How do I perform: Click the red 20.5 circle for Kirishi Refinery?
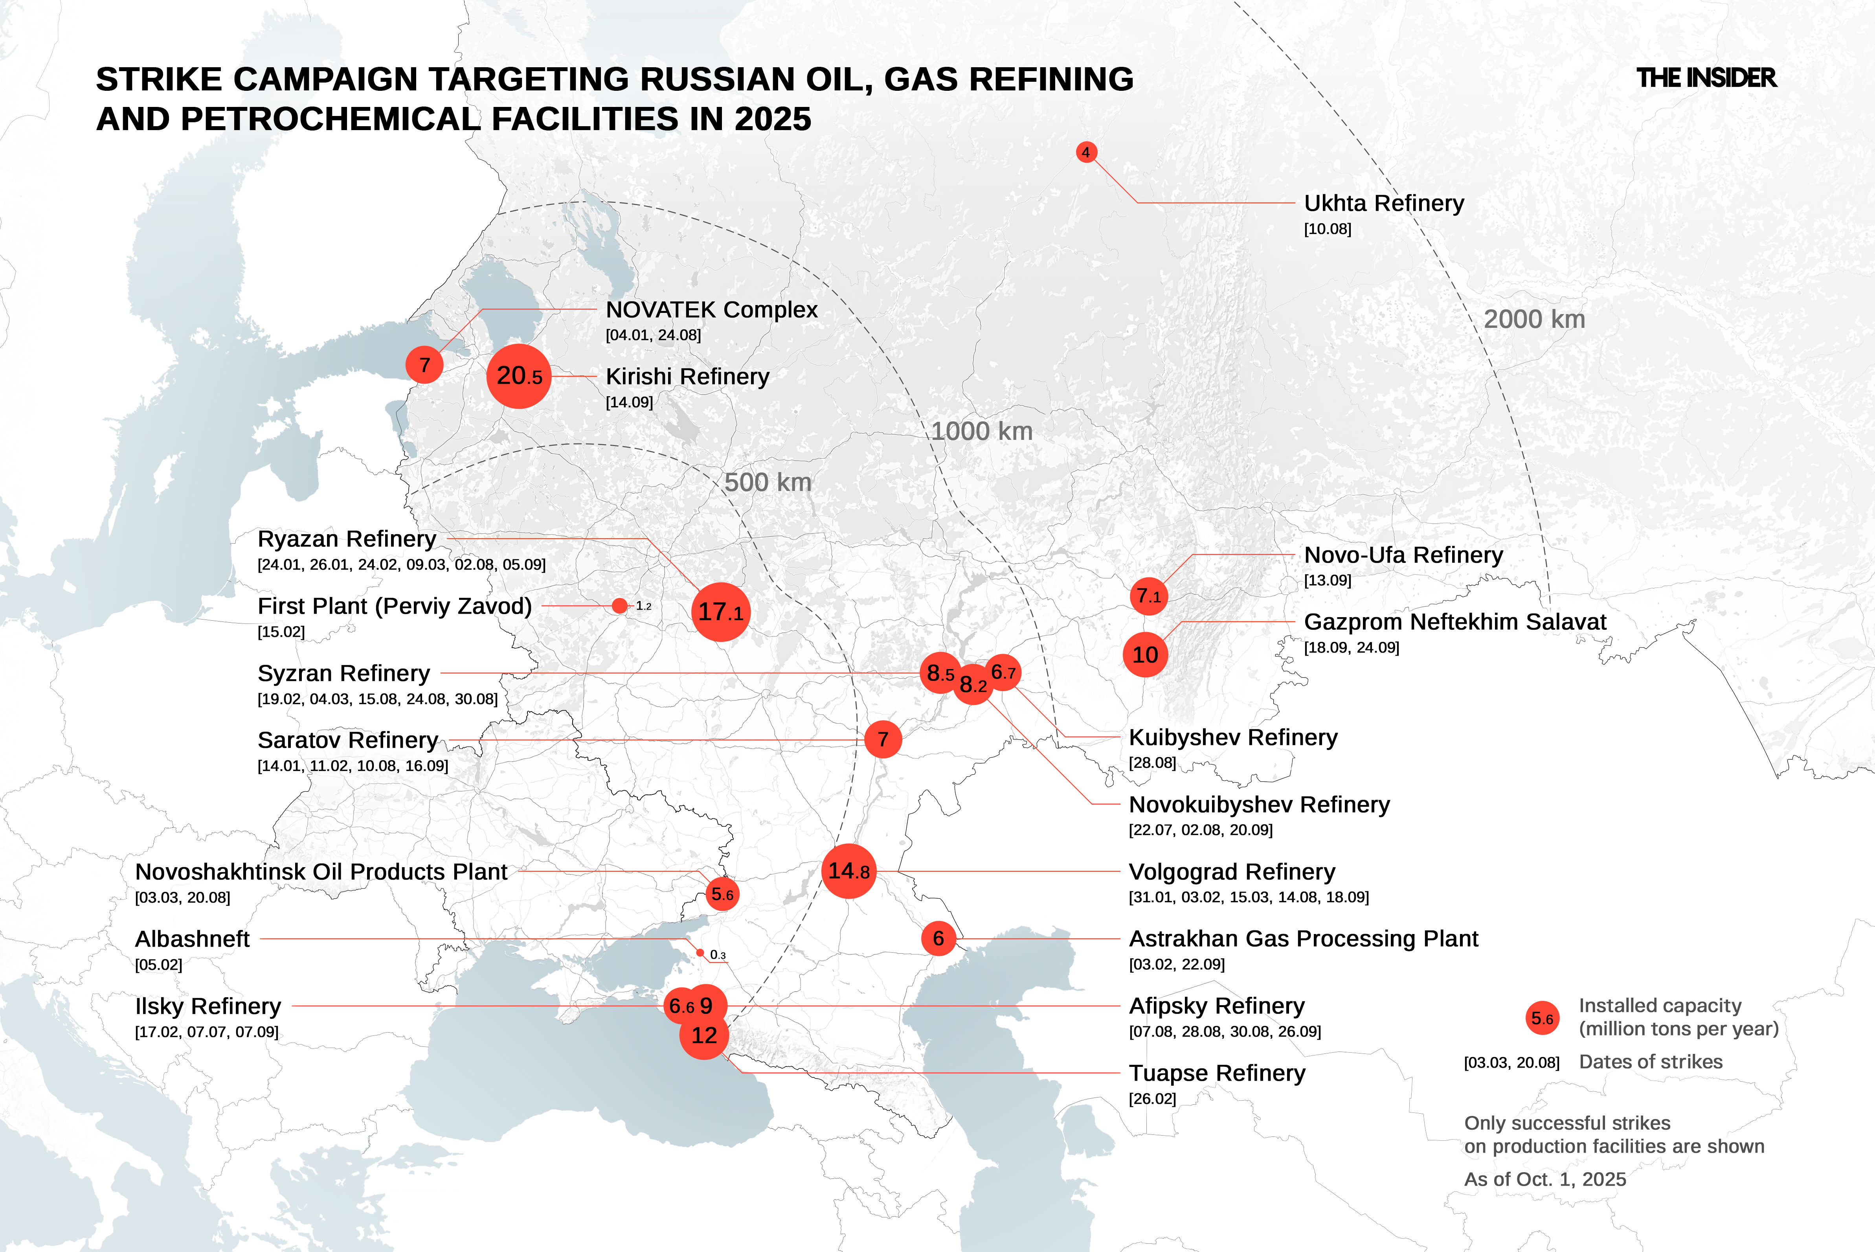tap(519, 376)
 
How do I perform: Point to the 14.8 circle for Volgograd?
tap(848, 871)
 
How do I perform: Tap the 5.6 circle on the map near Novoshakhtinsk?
tap(722, 894)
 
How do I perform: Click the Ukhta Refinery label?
tap(1383, 204)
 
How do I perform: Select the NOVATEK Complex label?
tap(711, 310)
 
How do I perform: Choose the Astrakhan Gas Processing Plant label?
tap(1303, 939)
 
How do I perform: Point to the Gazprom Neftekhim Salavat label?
tap(1454, 622)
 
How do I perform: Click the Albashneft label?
tap(192, 939)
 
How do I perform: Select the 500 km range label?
tap(767, 482)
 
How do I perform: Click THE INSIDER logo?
tap(1706, 78)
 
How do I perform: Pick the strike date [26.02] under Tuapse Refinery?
tap(1152, 1099)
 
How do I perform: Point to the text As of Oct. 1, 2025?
tap(1544, 1179)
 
